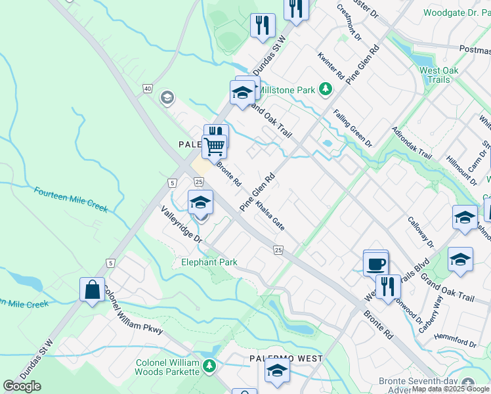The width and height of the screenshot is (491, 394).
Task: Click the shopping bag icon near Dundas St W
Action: (x=93, y=290)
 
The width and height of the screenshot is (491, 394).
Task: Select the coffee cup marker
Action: (x=376, y=263)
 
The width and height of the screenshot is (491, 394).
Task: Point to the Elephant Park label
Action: (x=209, y=263)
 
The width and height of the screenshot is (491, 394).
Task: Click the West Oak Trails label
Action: (x=439, y=75)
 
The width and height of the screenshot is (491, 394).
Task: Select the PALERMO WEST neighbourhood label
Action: (x=286, y=359)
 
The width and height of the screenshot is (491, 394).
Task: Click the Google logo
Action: (x=22, y=386)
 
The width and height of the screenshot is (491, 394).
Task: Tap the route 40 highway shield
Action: (x=148, y=89)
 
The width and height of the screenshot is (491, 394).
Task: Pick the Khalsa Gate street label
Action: (x=270, y=215)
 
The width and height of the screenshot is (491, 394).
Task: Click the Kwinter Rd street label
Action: (x=331, y=66)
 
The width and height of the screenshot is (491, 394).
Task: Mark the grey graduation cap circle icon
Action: (x=167, y=98)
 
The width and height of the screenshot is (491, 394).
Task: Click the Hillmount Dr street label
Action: (x=460, y=162)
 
